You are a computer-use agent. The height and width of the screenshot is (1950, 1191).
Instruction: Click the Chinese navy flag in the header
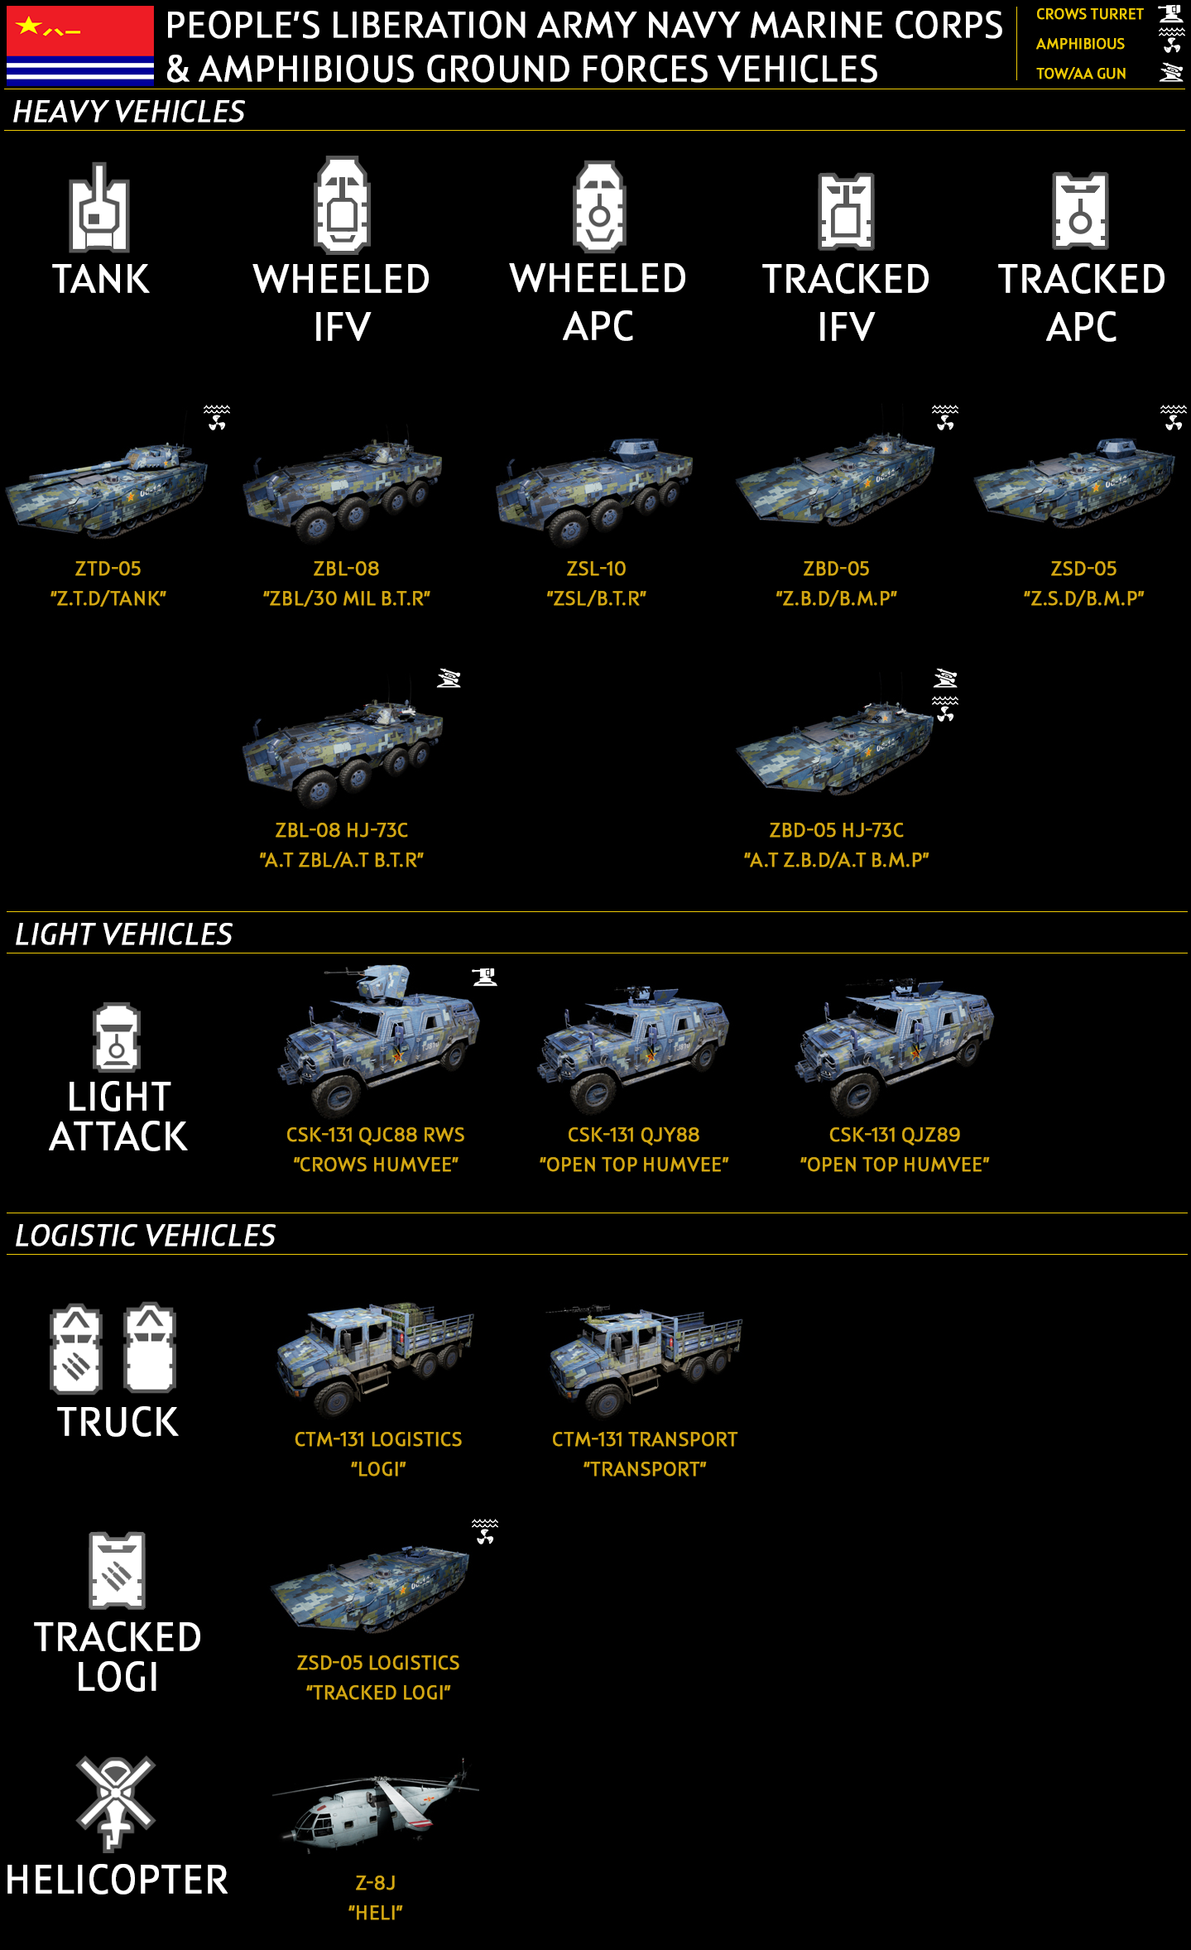pyautogui.click(x=79, y=46)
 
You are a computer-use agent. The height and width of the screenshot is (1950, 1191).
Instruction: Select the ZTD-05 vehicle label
pyautogui.click(x=108, y=569)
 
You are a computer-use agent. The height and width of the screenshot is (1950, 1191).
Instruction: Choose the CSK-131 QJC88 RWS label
pyautogui.click(x=375, y=1135)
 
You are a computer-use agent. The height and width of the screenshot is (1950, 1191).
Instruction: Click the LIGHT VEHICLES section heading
pyautogui.click(x=124, y=934)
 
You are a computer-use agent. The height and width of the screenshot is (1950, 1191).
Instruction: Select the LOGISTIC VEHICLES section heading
pyautogui.click(x=146, y=1236)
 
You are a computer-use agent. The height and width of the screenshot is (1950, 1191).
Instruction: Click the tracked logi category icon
pyautogui.click(x=117, y=1569)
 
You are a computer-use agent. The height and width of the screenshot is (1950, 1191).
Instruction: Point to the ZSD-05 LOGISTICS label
pyautogui.click(x=378, y=1663)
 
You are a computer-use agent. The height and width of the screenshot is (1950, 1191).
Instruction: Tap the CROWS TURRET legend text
pyautogui.click(x=1089, y=15)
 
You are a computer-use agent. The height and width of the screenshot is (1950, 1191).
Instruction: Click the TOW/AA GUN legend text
pyautogui.click(x=1081, y=74)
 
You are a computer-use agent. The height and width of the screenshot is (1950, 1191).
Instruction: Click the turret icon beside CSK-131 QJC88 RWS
pyautogui.click(x=485, y=977)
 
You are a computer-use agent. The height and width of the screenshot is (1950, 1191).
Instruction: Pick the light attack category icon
pyautogui.click(x=117, y=1037)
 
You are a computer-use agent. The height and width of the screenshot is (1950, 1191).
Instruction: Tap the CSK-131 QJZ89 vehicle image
pyautogui.click(x=894, y=1042)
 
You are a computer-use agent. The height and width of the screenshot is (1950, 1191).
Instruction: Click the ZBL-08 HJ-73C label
pyautogui.click(x=341, y=830)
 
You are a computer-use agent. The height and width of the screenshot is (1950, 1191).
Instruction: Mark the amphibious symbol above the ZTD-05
pyautogui.click(x=217, y=417)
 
